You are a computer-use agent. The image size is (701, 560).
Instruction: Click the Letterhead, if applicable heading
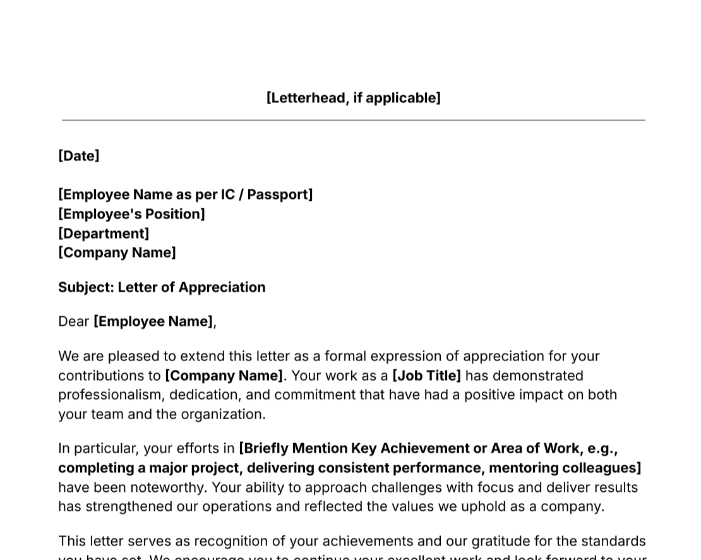(353, 98)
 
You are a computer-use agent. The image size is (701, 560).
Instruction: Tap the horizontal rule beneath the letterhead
(353, 120)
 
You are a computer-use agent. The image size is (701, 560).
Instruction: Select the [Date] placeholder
(79, 156)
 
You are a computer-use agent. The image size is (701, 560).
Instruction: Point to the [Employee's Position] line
(131, 214)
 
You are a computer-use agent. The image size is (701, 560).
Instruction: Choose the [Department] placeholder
(104, 234)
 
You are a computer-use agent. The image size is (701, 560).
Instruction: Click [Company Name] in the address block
(117, 253)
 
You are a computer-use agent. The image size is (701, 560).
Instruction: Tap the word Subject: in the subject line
(86, 287)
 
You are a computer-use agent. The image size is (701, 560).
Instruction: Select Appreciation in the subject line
(222, 287)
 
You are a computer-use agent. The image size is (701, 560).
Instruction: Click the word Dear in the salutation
(74, 321)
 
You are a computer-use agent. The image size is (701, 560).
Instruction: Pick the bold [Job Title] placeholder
(426, 376)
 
